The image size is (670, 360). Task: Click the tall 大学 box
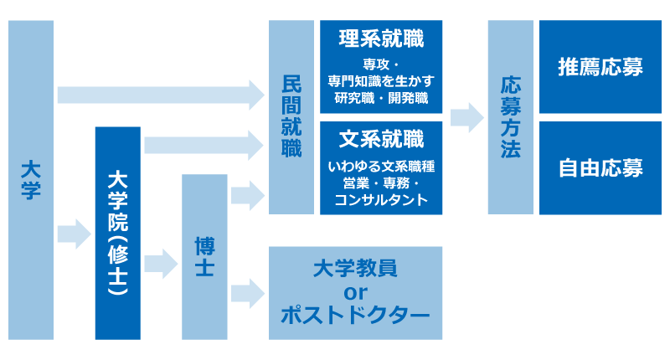pos(31,179)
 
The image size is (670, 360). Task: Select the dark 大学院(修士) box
pos(117,233)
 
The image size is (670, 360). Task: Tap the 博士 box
pos(204,256)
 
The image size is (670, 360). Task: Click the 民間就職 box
pos(291,117)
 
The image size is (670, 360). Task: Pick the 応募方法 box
pos(510,117)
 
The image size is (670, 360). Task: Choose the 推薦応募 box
pos(600,67)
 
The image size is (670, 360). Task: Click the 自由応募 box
pos(600,167)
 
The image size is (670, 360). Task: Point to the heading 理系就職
pos(381,39)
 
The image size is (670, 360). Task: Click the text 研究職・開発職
pos(381,98)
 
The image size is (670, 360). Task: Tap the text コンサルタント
pos(381,200)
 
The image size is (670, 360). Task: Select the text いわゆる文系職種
pos(381,167)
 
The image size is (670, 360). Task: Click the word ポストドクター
pos(355,316)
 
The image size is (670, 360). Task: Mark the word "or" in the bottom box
pos(355,292)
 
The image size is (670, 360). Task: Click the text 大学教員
pos(355,268)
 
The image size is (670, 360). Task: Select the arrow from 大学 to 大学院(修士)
pos(74,233)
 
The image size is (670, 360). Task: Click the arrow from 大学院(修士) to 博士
pos(161,264)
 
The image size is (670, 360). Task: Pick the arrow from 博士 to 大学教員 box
pos(247,292)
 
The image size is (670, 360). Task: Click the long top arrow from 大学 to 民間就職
pos(159,94)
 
